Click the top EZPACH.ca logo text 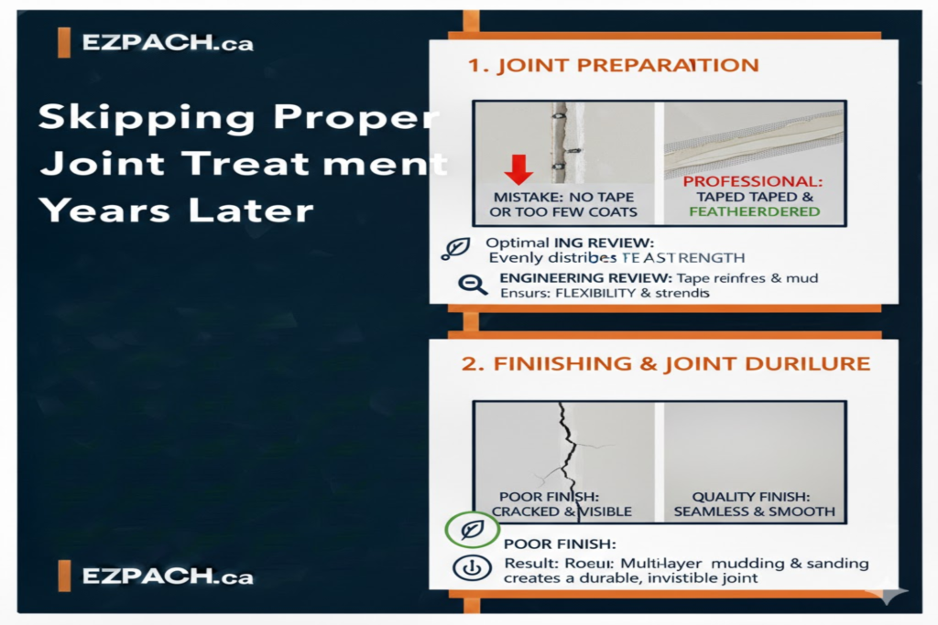tap(168, 43)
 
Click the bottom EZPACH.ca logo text tap(168, 577)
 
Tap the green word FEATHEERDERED tap(753, 210)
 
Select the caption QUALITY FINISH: tap(754, 496)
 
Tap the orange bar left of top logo tap(63, 43)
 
